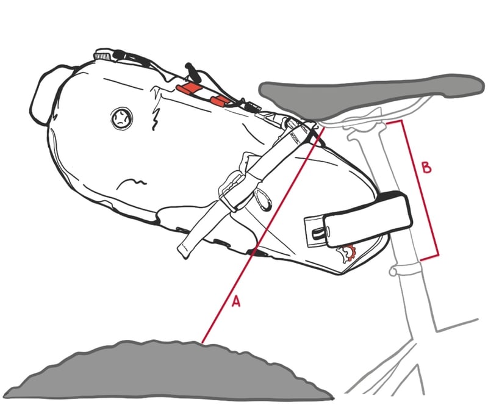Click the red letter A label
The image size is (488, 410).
[236, 301]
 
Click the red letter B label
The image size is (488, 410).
[426, 167]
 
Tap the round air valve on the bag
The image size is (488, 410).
[121, 118]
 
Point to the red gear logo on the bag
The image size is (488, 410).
[347, 254]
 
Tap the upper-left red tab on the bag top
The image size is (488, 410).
[188, 88]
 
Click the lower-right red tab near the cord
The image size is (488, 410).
[220, 100]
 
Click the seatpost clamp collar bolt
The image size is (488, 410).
[393, 272]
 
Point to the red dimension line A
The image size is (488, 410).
[263, 234]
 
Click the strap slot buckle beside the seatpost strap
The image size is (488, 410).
[315, 232]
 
